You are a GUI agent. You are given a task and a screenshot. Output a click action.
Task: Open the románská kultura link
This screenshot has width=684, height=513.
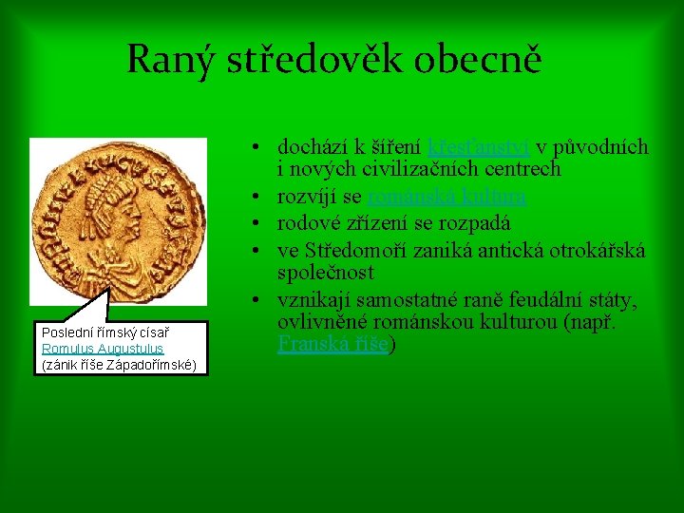[x=446, y=198]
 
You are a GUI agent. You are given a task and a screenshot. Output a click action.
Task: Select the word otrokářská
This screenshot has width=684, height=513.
[x=598, y=250]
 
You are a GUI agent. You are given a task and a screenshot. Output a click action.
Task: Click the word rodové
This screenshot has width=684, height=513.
[x=307, y=224]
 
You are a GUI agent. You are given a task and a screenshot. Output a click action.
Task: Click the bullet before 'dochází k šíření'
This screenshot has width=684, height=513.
[x=257, y=148]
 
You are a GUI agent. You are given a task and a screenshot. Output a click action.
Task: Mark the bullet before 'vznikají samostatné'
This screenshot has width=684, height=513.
[x=257, y=301]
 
